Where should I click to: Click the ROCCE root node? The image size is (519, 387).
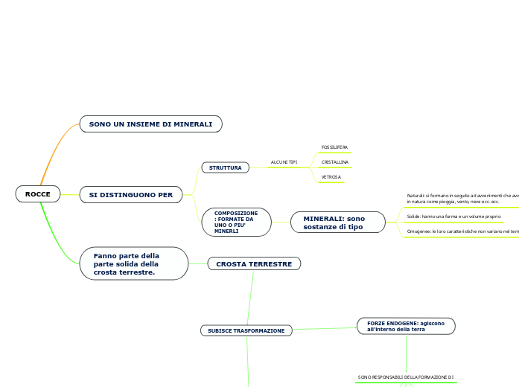[x=37, y=194]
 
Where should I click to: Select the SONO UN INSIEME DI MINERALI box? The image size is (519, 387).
[x=150, y=124]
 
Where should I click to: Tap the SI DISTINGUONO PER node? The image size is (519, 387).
[x=130, y=195]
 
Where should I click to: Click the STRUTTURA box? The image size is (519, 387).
[x=225, y=167]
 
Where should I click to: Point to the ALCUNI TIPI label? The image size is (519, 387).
[x=284, y=161]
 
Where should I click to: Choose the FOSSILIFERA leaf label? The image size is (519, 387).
[x=334, y=147]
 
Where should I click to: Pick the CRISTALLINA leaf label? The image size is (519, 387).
[x=334, y=161]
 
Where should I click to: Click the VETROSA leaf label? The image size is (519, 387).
[x=331, y=177]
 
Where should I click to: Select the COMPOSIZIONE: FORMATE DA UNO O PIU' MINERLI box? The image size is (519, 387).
[x=236, y=222]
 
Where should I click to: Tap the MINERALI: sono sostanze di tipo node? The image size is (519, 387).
[x=338, y=222]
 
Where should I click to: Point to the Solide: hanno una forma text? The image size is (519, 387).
[x=453, y=217]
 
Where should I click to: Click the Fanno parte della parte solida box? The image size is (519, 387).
[x=133, y=263]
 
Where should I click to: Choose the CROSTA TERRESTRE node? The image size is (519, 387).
[x=254, y=263]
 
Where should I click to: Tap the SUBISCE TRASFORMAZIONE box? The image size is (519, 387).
[x=246, y=330]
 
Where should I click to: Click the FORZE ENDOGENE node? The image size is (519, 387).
[x=406, y=326]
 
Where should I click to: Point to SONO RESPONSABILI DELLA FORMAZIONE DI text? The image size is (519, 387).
[x=406, y=377]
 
